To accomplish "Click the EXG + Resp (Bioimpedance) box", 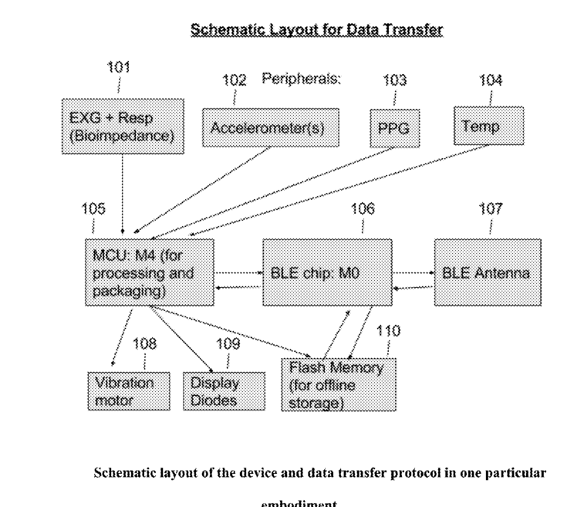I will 122,127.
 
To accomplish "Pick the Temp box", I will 488,126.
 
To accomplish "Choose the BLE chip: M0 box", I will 326,273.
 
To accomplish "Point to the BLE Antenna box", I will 485,273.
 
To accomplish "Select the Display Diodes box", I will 223,391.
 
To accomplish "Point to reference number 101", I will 118,67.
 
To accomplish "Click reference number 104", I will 491,80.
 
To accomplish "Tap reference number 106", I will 363,208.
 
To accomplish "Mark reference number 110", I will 387,331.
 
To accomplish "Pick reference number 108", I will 145,344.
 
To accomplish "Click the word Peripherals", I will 301,79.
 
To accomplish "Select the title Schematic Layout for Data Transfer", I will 316,30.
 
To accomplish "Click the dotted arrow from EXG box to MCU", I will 123,193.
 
